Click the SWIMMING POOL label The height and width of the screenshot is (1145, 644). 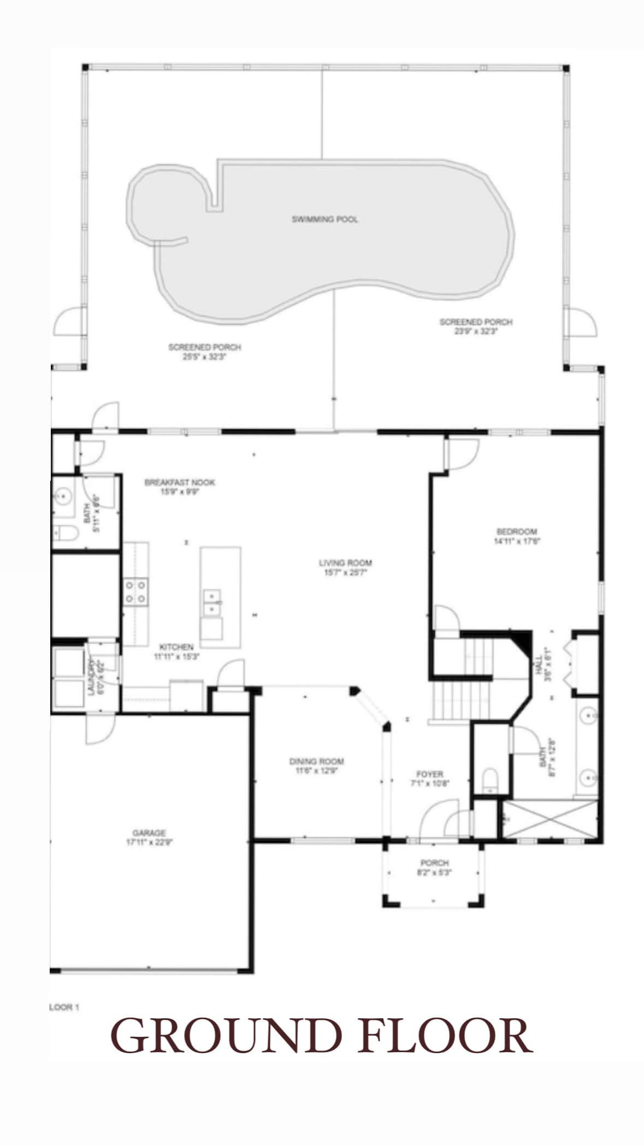click(325, 219)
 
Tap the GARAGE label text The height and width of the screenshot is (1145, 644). click(149, 833)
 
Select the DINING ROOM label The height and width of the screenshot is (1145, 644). click(316, 761)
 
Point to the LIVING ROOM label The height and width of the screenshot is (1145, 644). click(345, 562)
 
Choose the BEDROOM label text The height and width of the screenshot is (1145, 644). click(516, 531)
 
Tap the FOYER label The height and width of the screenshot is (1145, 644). click(429, 774)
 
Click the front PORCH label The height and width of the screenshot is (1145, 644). click(434, 863)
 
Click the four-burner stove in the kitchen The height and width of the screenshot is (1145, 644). click(136, 592)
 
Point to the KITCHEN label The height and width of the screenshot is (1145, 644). click(176, 647)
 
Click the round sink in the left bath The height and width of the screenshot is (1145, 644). click(63, 496)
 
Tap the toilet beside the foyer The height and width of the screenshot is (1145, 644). click(491, 779)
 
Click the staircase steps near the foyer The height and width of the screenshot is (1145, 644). click(451, 701)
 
